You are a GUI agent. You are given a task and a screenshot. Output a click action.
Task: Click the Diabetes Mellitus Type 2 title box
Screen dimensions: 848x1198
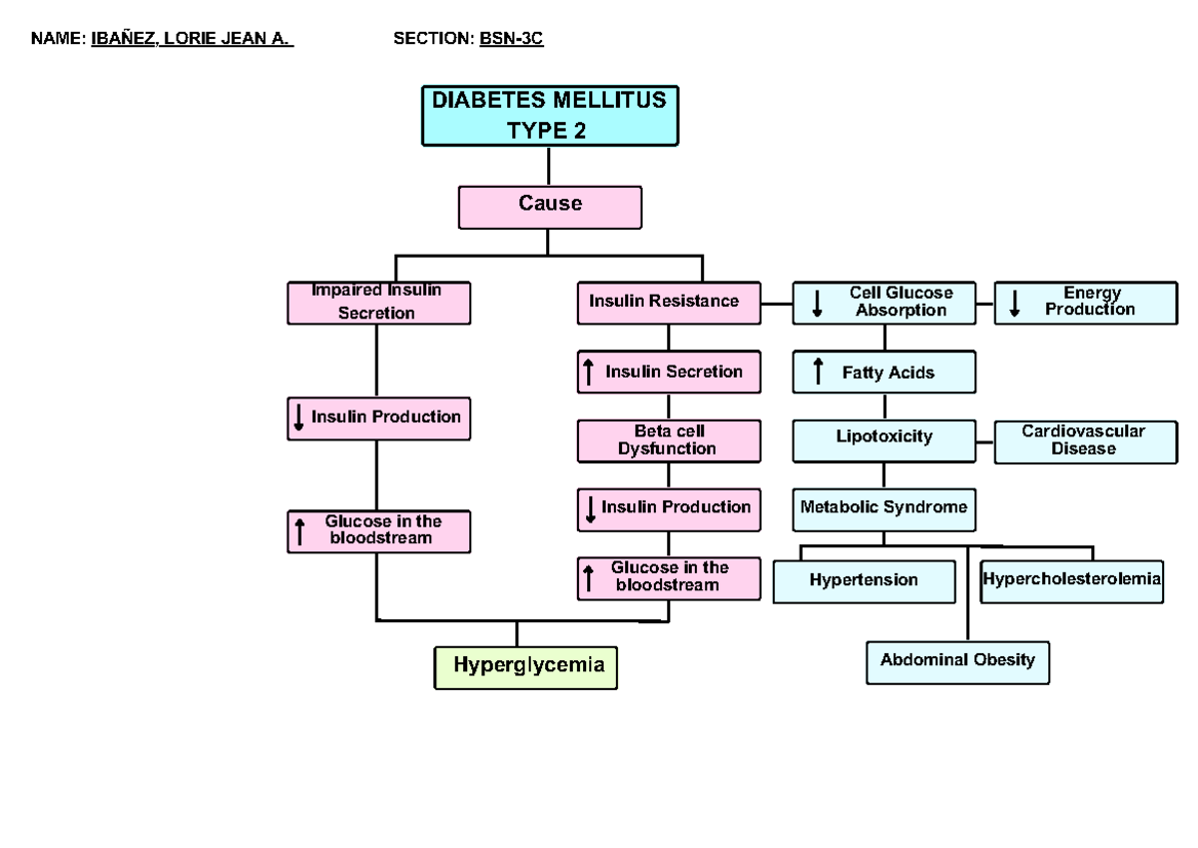(549, 115)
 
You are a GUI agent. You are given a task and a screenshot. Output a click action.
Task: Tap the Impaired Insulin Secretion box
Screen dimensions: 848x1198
(378, 303)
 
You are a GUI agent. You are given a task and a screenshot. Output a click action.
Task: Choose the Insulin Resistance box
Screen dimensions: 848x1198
(667, 303)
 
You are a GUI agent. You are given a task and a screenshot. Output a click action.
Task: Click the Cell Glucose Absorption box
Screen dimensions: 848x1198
(885, 303)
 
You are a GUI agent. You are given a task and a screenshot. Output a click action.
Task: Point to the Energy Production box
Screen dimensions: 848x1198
(1086, 303)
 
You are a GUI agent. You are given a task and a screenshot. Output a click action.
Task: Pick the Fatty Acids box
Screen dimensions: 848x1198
(885, 373)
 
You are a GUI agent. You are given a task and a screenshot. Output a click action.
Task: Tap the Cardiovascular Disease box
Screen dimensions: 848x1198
(1084, 441)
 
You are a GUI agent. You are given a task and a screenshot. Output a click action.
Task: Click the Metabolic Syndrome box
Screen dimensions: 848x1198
(885, 508)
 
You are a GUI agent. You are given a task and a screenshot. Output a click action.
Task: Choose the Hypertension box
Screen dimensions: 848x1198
(864, 581)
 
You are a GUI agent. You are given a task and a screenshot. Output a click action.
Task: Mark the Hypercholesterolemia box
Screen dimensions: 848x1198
(1071, 580)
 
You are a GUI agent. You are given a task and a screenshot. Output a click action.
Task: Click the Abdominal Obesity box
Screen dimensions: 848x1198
(957, 661)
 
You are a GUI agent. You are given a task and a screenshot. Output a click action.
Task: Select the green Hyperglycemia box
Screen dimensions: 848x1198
(526, 666)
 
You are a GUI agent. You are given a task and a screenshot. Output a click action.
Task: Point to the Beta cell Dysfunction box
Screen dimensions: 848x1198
(667, 440)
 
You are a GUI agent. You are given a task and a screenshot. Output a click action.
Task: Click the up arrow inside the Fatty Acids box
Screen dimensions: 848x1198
(819, 372)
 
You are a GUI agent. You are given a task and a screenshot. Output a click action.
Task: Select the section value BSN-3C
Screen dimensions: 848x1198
(511, 39)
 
